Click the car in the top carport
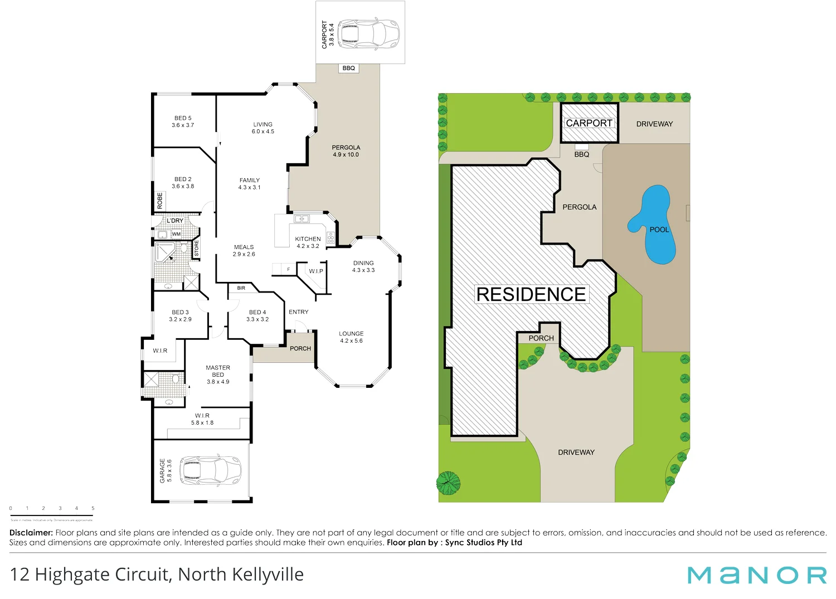pyautogui.click(x=368, y=34)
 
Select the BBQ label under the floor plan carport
pyautogui.click(x=349, y=69)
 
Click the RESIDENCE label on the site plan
pyautogui.click(x=531, y=294)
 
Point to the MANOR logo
pyautogui.click(x=756, y=575)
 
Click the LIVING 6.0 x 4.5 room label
pyautogui.click(x=263, y=128)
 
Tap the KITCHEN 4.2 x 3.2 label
pyautogui.click(x=308, y=242)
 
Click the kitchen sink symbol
pyautogui.click(x=302, y=219)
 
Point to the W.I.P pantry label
pyautogui.click(x=316, y=271)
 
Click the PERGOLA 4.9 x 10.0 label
pyautogui.click(x=346, y=151)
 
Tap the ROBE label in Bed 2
pyautogui.click(x=160, y=201)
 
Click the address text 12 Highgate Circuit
pyautogui.click(x=157, y=574)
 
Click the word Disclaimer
pyautogui.click(x=31, y=533)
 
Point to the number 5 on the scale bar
pyautogui.click(x=93, y=508)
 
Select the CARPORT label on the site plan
pyautogui.click(x=589, y=123)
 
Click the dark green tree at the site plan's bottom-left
pyautogui.click(x=448, y=483)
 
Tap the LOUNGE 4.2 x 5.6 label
pyautogui.click(x=351, y=337)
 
